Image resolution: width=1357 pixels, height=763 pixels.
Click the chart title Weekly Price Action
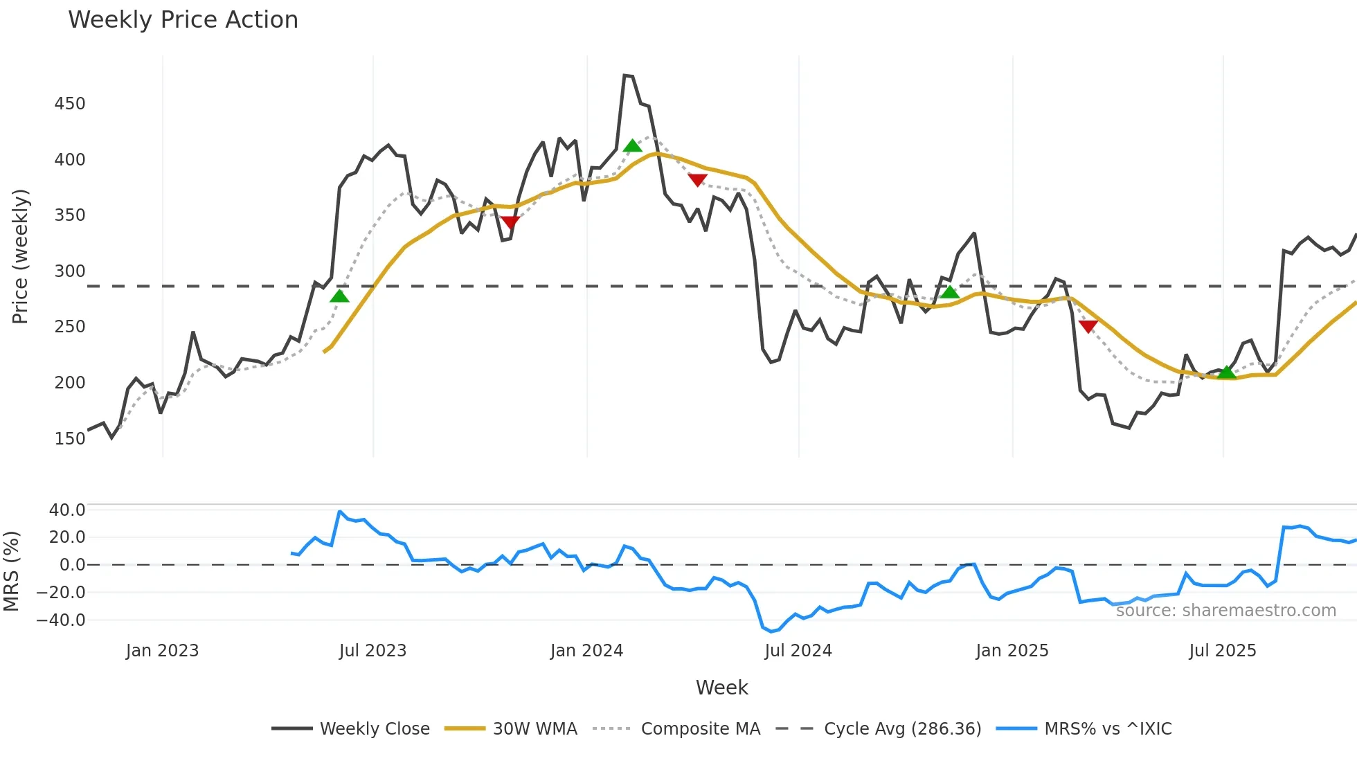pyautogui.click(x=183, y=20)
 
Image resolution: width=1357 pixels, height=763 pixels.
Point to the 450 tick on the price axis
pyautogui.click(x=70, y=104)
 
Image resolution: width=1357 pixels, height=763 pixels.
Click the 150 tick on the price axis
pyautogui.click(x=70, y=439)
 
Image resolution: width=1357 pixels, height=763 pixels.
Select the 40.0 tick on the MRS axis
pyautogui.click(x=67, y=510)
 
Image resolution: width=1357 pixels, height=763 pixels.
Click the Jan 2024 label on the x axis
pyautogui.click(x=586, y=651)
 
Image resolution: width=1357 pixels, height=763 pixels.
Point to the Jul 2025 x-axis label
pyautogui.click(x=1222, y=651)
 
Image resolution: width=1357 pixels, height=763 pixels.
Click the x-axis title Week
pyautogui.click(x=721, y=688)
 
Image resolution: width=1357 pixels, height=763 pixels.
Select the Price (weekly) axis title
pyautogui.click(x=20, y=256)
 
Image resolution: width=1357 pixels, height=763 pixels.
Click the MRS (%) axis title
pyautogui.click(x=11, y=571)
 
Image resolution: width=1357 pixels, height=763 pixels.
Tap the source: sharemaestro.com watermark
pyautogui.click(x=1225, y=611)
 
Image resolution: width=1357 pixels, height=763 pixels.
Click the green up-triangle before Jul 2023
pyautogui.click(x=339, y=296)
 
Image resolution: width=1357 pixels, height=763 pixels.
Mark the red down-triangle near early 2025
pyautogui.click(x=1088, y=326)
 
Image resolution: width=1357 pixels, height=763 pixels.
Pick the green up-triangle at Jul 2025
pyautogui.click(x=1227, y=372)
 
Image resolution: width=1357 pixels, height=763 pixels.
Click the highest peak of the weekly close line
pyautogui.click(x=625, y=75)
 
